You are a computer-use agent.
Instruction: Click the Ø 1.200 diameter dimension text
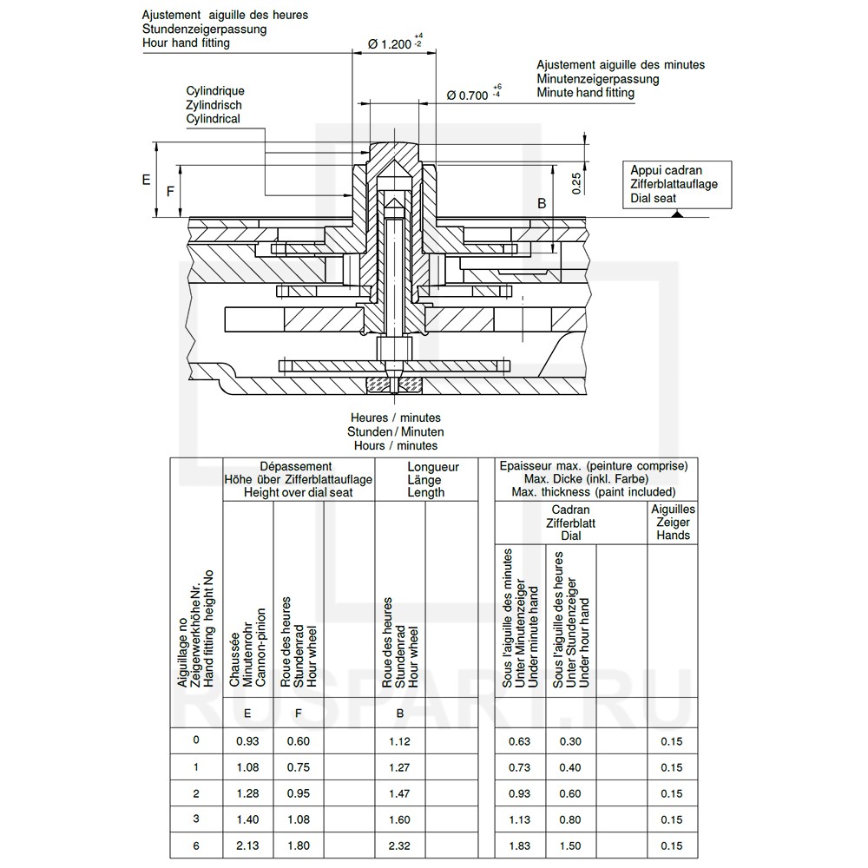pyautogui.click(x=389, y=44)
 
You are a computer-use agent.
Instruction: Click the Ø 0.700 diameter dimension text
pyautogui.click(x=467, y=96)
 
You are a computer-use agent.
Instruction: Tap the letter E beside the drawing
pyautogui.click(x=146, y=180)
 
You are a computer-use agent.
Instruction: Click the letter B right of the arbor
pyautogui.click(x=541, y=204)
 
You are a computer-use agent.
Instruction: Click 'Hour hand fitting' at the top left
pyautogui.click(x=187, y=43)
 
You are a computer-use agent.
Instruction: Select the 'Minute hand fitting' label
pyautogui.click(x=585, y=92)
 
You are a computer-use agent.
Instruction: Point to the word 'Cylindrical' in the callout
pyautogui.click(x=213, y=119)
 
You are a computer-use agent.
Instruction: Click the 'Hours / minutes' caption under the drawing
pyautogui.click(x=396, y=445)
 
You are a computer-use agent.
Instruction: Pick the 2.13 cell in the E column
pyautogui.click(x=248, y=846)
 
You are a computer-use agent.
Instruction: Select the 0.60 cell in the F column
pyautogui.click(x=298, y=741)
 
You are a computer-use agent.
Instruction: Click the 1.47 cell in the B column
pyautogui.click(x=400, y=793)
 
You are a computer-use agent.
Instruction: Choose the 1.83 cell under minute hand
pyautogui.click(x=519, y=846)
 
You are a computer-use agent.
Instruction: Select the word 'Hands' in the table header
pyautogui.click(x=674, y=536)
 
